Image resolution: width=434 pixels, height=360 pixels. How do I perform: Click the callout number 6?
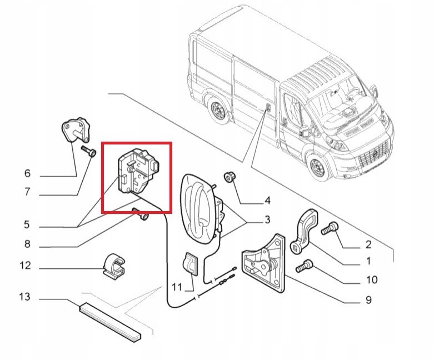point(27,173)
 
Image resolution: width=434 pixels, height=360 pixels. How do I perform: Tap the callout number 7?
point(27,192)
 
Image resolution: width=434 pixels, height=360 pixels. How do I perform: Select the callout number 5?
point(27,224)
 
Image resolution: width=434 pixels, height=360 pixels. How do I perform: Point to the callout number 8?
point(27,244)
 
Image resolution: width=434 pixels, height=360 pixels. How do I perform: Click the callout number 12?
point(25,266)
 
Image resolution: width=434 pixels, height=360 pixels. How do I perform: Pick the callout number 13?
point(24,297)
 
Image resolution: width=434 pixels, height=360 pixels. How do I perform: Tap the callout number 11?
point(177,287)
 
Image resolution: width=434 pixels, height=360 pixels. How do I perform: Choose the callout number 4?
point(267,201)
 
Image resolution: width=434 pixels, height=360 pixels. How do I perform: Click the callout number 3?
point(267,219)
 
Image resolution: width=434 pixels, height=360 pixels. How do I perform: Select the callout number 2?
point(368,244)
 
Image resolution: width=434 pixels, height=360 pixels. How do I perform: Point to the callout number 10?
point(372,280)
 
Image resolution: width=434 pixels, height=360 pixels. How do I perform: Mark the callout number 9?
point(368,300)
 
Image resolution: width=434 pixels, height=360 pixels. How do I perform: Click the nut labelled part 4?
point(229,177)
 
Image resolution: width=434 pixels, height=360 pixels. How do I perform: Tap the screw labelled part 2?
point(330,228)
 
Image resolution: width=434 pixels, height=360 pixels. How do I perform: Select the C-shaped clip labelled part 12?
point(114,267)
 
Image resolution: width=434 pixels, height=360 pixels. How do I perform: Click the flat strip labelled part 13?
point(110,322)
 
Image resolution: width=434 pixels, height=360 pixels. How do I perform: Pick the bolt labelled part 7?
point(88,151)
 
